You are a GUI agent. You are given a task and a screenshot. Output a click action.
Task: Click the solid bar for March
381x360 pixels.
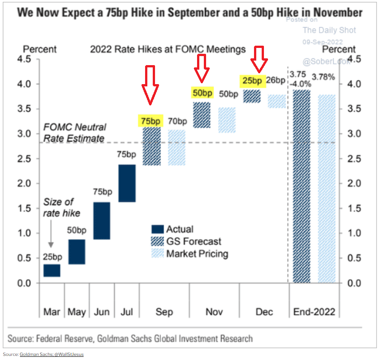pyautogui.click(x=52, y=270)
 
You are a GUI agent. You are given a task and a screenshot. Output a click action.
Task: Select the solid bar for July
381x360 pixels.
pyautogui.click(x=127, y=183)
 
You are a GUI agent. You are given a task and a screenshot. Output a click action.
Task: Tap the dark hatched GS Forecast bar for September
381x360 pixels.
pyautogui.click(x=151, y=147)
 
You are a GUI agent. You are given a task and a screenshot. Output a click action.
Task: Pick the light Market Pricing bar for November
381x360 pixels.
pyautogui.click(x=227, y=120)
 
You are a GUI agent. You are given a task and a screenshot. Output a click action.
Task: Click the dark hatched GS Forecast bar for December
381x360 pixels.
pyautogui.click(x=252, y=96)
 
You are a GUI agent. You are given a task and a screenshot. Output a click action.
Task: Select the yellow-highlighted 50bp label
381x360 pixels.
pyautogui.click(x=202, y=93)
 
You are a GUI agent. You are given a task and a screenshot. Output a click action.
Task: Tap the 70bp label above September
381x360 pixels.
pyautogui.click(x=177, y=121)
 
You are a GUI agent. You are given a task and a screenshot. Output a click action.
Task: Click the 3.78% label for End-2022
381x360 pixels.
pyautogui.click(x=325, y=77)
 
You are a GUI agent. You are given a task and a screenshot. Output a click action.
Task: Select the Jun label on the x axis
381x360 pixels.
pyautogui.click(x=102, y=312)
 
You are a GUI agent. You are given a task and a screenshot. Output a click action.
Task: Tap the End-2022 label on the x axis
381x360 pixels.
pyautogui.click(x=314, y=312)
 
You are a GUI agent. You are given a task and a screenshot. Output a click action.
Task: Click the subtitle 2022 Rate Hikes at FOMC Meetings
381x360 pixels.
pyautogui.click(x=168, y=49)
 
